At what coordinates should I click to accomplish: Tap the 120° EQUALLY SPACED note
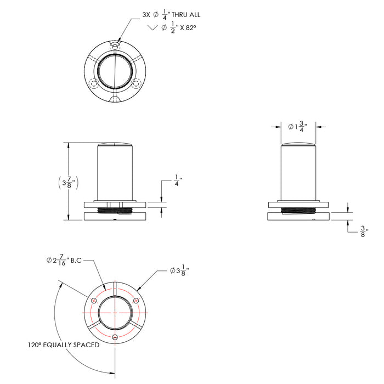click(64, 345)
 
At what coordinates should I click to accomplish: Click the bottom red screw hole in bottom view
click(115, 336)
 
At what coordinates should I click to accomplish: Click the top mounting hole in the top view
click(115, 43)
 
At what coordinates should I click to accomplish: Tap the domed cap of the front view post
click(115, 144)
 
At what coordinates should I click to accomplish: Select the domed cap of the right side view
click(298, 144)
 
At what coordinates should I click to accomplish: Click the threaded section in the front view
click(115, 210)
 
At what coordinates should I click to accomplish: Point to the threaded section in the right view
click(298, 210)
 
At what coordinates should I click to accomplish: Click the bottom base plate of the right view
click(298, 217)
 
